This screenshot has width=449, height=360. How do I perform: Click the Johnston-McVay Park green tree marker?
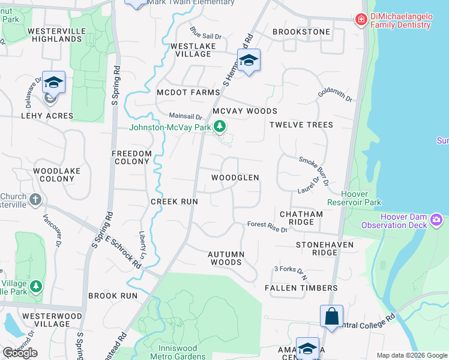point(220,127)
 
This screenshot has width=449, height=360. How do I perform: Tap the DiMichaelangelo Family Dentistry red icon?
point(361,20)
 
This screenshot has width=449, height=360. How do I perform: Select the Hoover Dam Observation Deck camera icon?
point(436,220)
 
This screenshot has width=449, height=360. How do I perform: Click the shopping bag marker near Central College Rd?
point(331,315)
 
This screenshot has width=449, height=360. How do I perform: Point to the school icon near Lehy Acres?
point(53,82)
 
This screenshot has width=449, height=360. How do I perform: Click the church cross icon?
point(35,199)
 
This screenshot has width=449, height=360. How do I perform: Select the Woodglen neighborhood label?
point(235,178)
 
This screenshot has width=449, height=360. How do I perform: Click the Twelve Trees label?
point(301,125)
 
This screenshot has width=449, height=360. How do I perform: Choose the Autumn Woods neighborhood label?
point(226,258)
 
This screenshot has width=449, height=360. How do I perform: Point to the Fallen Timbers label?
point(301,288)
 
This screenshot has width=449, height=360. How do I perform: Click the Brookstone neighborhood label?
point(301,32)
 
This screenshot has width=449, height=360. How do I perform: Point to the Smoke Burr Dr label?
point(315,169)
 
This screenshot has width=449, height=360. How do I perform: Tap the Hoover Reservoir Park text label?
point(361,198)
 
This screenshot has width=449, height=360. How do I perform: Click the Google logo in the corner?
point(20,352)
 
